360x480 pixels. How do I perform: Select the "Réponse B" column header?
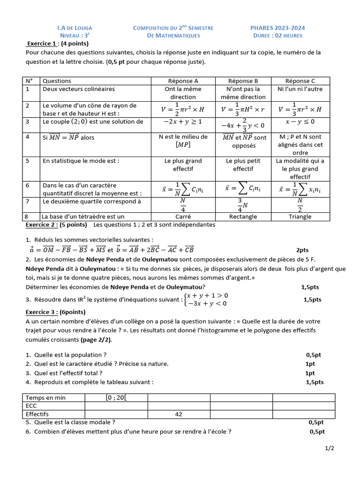(243, 81)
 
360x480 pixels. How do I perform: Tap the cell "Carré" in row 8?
(183, 217)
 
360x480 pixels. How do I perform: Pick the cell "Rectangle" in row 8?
(243, 217)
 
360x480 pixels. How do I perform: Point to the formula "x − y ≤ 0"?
(300, 122)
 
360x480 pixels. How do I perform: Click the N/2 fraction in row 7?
(300, 205)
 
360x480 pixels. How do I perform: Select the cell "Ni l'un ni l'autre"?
(300, 89)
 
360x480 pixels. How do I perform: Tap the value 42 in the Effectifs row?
(178, 414)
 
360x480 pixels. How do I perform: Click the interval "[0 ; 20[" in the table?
(116, 397)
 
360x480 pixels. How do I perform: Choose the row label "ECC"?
(32, 406)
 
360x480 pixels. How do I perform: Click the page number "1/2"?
(330, 449)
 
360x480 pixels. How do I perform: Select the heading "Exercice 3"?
(42, 312)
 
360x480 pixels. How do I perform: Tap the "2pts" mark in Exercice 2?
(302, 250)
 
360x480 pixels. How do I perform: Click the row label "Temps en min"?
(46, 397)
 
